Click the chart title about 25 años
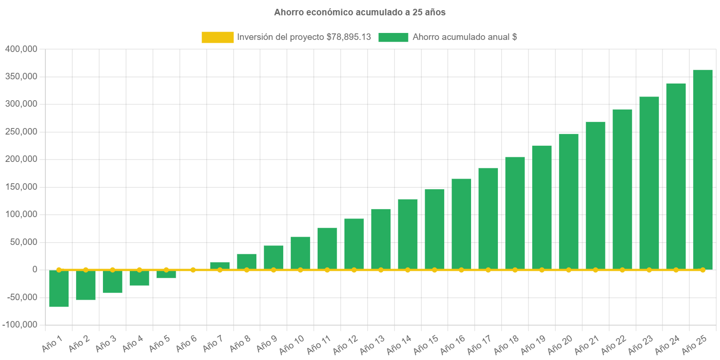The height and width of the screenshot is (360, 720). click(x=359, y=13)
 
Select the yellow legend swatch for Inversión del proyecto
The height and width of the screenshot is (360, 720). click(x=217, y=38)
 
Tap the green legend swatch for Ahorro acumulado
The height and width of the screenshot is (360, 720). click(x=393, y=38)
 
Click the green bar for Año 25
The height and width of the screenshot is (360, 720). click(x=702, y=169)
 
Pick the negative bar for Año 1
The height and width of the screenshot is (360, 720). click(x=59, y=289)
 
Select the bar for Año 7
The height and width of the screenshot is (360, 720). click(x=220, y=265)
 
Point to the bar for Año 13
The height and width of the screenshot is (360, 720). click(x=381, y=239)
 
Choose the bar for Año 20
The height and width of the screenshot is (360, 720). click(x=568, y=201)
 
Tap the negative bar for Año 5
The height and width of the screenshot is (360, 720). click(x=166, y=274)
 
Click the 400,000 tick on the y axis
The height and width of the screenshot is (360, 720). click(x=21, y=49)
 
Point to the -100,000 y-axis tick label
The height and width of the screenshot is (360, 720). click(x=19, y=325)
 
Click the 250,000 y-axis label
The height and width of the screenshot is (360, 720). click(x=21, y=132)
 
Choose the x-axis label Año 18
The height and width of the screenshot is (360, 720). click(x=507, y=344)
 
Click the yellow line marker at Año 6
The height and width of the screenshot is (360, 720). click(x=193, y=270)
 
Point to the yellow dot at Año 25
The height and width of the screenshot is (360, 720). click(x=702, y=270)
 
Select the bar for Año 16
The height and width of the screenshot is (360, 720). click(x=461, y=224)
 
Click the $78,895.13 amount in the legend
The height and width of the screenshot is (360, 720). click(x=349, y=38)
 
